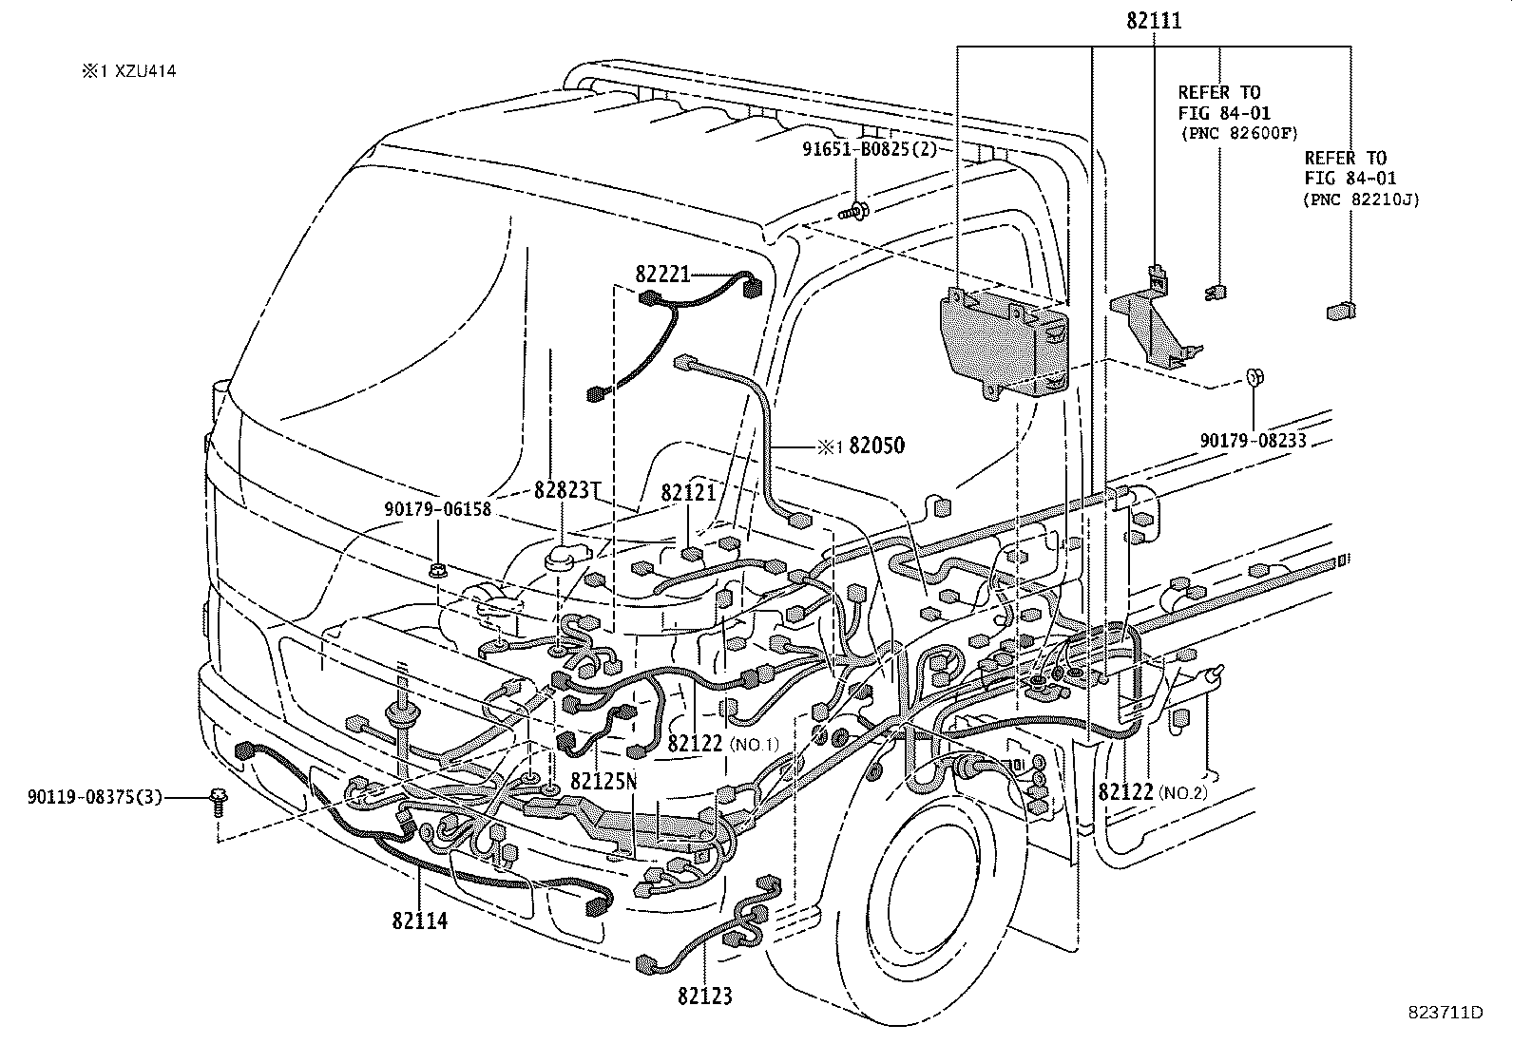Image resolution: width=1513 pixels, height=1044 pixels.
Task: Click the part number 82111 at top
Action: click(1155, 21)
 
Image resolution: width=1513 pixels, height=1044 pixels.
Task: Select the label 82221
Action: click(663, 275)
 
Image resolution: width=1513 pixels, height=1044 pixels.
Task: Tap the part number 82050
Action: click(876, 446)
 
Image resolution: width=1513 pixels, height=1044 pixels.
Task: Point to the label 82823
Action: click(563, 490)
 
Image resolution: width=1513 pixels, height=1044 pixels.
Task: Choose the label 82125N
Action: click(603, 780)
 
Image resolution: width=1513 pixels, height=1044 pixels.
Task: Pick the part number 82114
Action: click(419, 920)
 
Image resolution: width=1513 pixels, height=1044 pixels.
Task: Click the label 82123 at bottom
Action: click(705, 996)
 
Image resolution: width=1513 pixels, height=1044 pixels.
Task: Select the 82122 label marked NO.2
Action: click(1126, 790)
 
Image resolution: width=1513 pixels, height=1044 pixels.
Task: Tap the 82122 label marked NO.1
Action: click(697, 743)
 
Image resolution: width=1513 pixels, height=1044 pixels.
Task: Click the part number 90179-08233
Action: click(1253, 441)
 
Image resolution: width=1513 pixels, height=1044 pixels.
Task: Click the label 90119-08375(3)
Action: click(95, 796)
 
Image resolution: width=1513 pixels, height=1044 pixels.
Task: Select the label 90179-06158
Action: click(438, 509)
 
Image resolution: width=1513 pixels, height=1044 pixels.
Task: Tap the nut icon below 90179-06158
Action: click(438, 571)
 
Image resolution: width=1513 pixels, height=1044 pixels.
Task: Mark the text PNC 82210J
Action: click(1360, 199)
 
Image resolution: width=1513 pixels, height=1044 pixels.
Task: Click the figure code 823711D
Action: click(1446, 1012)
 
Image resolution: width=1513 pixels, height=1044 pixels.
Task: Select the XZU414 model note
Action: click(130, 70)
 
